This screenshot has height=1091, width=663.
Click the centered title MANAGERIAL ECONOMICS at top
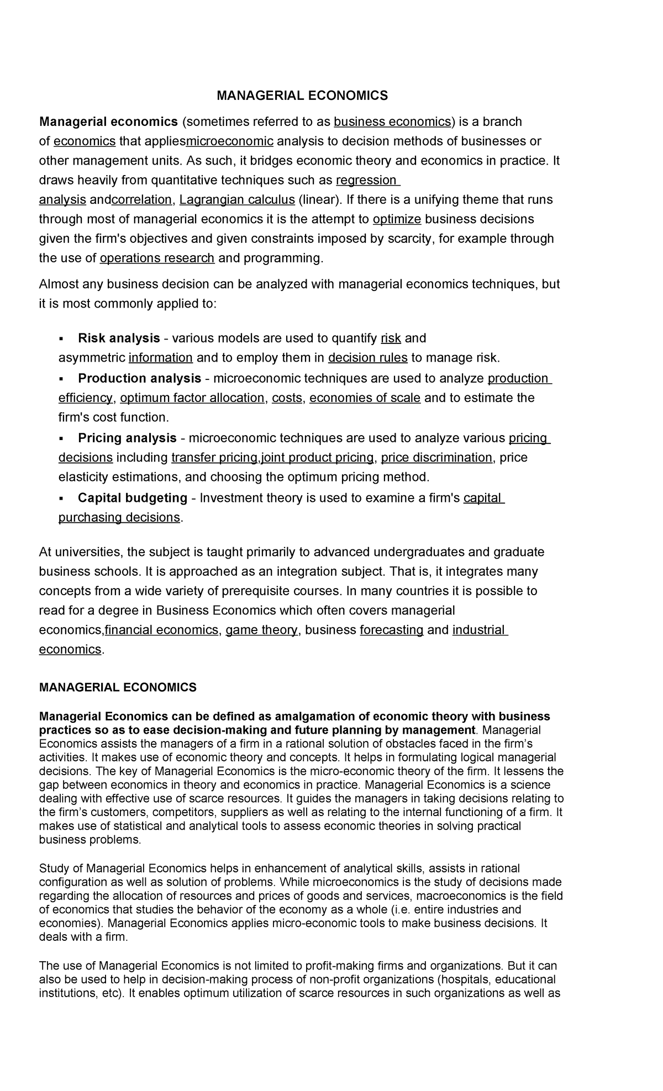click(302, 96)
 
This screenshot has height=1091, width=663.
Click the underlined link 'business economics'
click(392, 121)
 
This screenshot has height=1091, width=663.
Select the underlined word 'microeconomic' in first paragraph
click(230, 141)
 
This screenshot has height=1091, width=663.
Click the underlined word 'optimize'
click(397, 219)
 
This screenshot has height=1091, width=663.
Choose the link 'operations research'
click(157, 258)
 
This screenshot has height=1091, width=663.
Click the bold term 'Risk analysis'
click(119, 338)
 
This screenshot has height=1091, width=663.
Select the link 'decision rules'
click(367, 358)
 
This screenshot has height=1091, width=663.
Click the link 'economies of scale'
click(365, 398)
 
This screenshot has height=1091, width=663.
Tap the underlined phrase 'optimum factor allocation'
click(192, 398)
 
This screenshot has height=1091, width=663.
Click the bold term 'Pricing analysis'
click(127, 438)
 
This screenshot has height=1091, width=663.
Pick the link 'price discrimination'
click(436, 458)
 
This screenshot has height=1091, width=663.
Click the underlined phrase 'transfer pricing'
click(214, 458)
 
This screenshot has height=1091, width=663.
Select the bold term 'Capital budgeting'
click(133, 498)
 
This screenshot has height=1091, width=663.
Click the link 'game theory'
click(261, 630)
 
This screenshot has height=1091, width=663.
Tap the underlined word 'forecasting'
click(391, 630)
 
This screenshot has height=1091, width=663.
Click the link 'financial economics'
click(161, 630)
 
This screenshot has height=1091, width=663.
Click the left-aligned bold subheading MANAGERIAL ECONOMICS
click(117, 687)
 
